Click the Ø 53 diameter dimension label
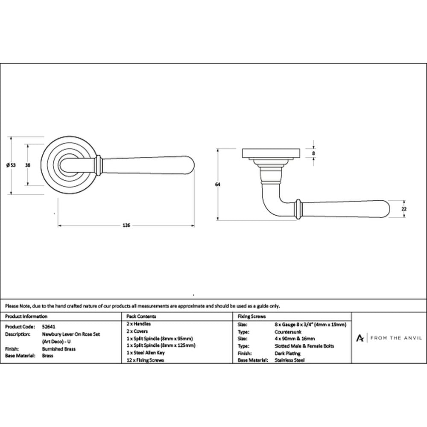pos(11,165)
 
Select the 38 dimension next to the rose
pos(27,165)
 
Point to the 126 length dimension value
pos(126,225)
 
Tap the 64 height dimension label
pos(218,184)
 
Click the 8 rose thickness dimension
pos(313,153)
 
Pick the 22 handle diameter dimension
pos(404,209)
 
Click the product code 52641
pos(49,327)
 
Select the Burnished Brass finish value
pos(59,349)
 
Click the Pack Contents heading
pos(141,316)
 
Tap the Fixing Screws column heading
pos(252,316)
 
